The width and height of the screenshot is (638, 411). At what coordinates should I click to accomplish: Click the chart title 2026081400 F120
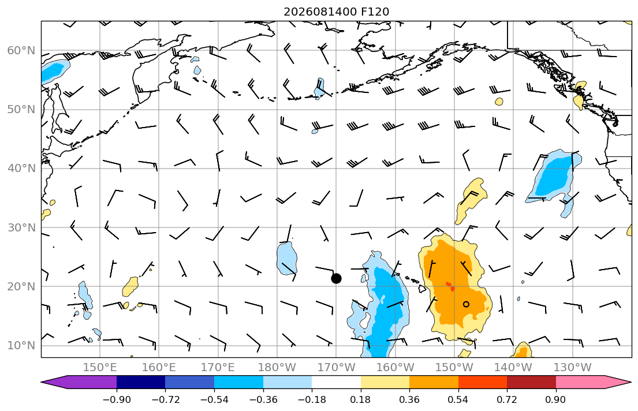point(336,12)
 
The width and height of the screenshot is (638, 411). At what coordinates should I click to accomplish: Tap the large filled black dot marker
point(336,279)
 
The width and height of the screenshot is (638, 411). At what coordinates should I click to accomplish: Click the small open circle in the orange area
point(467,304)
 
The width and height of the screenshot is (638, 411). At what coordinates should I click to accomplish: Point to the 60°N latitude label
point(21,50)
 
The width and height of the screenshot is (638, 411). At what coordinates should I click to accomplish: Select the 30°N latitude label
point(21,227)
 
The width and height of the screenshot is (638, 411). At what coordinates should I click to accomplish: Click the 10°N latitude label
point(21,346)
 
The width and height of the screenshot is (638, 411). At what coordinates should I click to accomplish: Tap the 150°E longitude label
point(100,368)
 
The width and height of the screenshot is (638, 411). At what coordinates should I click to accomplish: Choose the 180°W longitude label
point(277,368)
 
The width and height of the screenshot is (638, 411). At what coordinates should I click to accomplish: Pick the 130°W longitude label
point(573,368)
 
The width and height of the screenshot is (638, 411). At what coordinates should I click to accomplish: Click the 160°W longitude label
point(395,368)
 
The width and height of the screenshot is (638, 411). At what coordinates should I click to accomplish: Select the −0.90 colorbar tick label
point(117,399)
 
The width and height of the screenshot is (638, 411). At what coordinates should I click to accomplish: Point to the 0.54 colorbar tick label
point(458,399)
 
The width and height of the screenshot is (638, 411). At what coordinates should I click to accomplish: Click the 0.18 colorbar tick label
point(360,399)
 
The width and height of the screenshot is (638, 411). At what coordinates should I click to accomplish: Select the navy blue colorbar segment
point(141,382)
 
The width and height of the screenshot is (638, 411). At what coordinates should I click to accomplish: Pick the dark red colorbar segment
point(531,382)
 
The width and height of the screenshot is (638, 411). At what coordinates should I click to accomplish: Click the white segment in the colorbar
point(336,382)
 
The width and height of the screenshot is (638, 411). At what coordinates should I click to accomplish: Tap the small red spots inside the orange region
point(450,286)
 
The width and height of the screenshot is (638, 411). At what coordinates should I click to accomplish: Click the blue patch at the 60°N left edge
point(54,70)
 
